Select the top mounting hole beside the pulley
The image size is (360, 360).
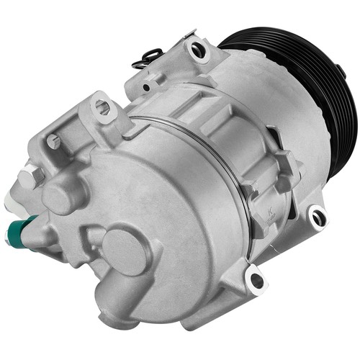[197, 50]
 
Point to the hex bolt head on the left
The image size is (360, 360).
[30, 176]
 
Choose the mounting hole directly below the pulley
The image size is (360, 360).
[317, 215]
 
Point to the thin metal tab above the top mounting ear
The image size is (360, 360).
[189, 32]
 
